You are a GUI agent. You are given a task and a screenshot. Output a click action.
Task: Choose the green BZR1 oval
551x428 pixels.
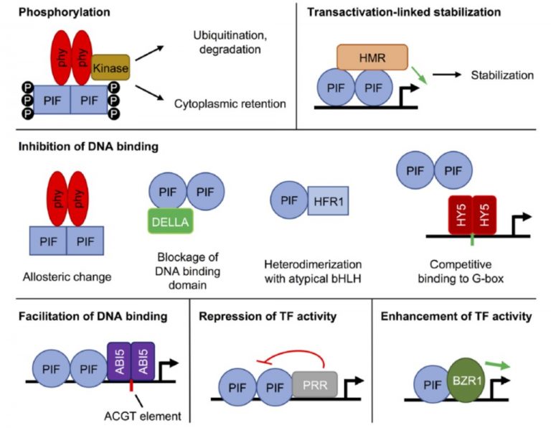pyautogui.click(x=466, y=377)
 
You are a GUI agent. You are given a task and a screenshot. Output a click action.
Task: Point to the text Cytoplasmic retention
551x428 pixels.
pyautogui.click(x=230, y=104)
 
